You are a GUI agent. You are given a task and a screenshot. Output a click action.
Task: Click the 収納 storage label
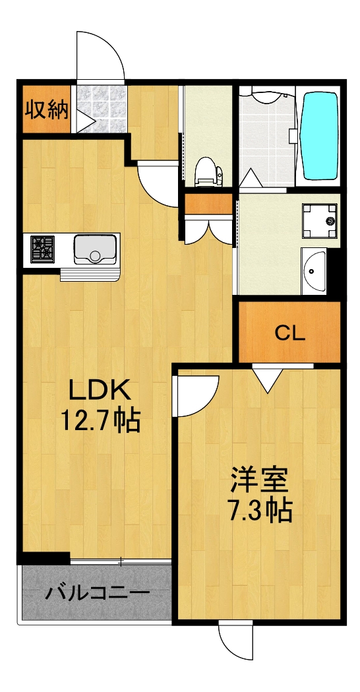[46, 110]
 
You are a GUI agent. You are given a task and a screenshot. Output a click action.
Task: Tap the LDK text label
[101, 392]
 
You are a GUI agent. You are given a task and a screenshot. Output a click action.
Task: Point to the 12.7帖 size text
[101, 420]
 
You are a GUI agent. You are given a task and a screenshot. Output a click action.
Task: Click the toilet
[208, 171]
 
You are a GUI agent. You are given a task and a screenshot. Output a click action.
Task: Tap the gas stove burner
[44, 248]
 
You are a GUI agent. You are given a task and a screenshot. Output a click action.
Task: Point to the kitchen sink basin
[95, 249]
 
